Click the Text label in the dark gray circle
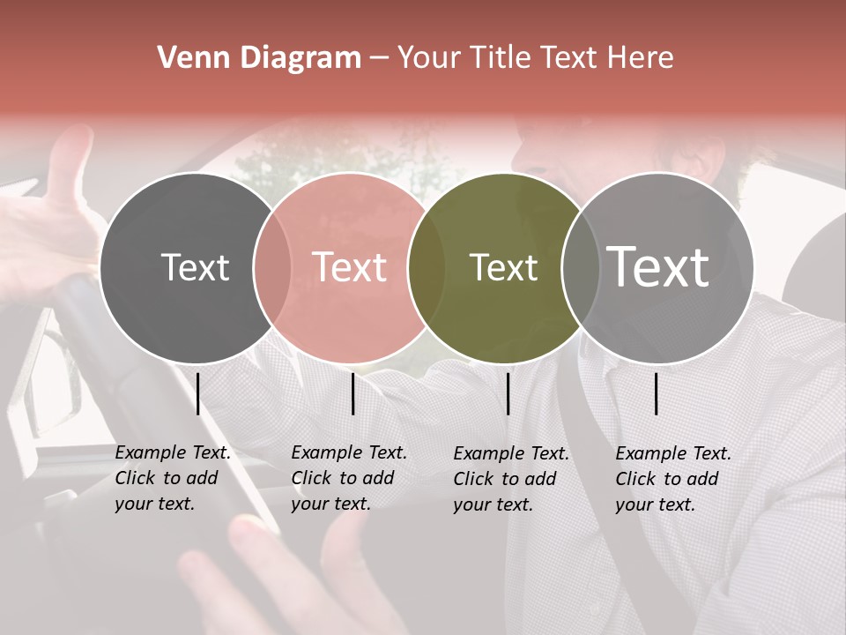pyautogui.click(x=195, y=267)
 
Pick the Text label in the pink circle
pyautogui.click(x=349, y=267)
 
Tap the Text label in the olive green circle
pyautogui.click(x=503, y=267)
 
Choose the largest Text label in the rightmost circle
pyautogui.click(x=658, y=267)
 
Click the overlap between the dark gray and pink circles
pyautogui.click(x=272, y=267)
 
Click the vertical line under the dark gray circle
pyautogui.click(x=198, y=393)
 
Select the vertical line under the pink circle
pyautogui.click(x=352, y=393)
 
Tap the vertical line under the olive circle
pyautogui.click(x=508, y=393)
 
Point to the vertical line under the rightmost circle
pyautogui.click(x=657, y=393)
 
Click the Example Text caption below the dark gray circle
pyautogui.click(x=172, y=478)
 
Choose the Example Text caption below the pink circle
pyautogui.click(x=348, y=478)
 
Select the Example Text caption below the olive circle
pyautogui.click(x=510, y=479)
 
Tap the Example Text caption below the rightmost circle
pyautogui.click(x=672, y=479)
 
